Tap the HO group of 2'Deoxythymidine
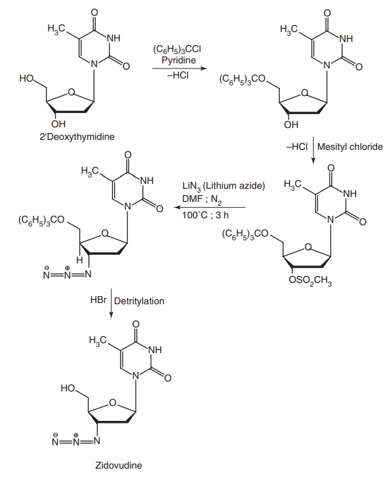click(27, 78)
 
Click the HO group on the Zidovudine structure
click(69, 389)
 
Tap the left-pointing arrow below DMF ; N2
click(213, 207)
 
